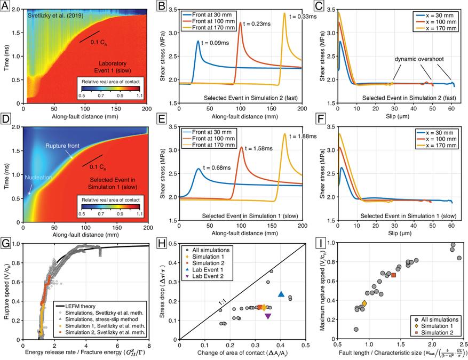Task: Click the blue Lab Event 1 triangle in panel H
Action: [281, 294]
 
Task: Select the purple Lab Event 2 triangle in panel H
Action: [268, 316]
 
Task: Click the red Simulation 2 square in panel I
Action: [393, 275]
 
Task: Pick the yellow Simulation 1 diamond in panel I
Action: [364, 303]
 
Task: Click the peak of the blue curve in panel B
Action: [198, 41]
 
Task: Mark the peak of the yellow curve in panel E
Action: [284, 133]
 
